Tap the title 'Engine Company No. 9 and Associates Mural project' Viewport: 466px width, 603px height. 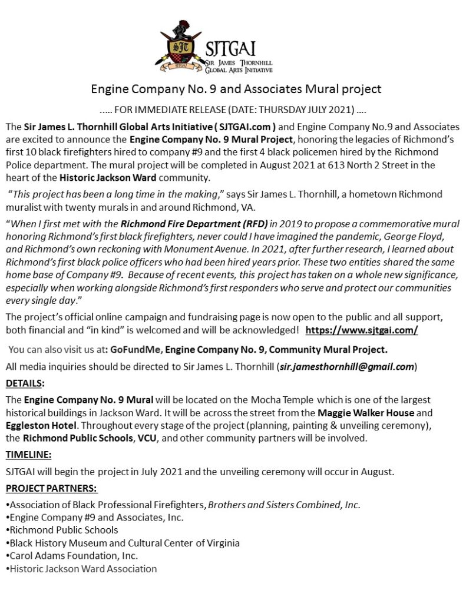[x=236, y=90]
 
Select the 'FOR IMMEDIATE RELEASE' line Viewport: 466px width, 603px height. [x=236, y=110]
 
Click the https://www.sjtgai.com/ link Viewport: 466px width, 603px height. [x=362, y=330]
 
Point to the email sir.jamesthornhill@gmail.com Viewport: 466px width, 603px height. [x=346, y=367]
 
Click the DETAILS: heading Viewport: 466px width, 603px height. [x=25, y=383]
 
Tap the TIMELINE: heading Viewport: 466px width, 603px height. [x=28, y=455]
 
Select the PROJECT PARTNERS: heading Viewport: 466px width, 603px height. [x=51, y=489]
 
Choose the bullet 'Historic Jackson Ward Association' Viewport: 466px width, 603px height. [x=82, y=568]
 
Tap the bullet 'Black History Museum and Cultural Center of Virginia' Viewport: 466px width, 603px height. [x=123, y=542]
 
